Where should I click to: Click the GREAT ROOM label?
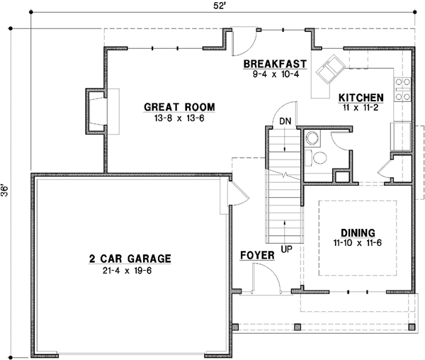(x=179, y=108)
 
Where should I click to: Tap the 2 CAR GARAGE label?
(x=130, y=259)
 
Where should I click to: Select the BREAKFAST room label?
(x=275, y=64)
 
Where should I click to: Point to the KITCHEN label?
(x=361, y=98)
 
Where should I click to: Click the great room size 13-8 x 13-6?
(x=179, y=118)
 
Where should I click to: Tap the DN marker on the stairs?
(x=285, y=120)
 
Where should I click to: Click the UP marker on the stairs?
(x=285, y=249)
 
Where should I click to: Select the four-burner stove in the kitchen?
(x=403, y=89)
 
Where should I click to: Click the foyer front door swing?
(x=266, y=276)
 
